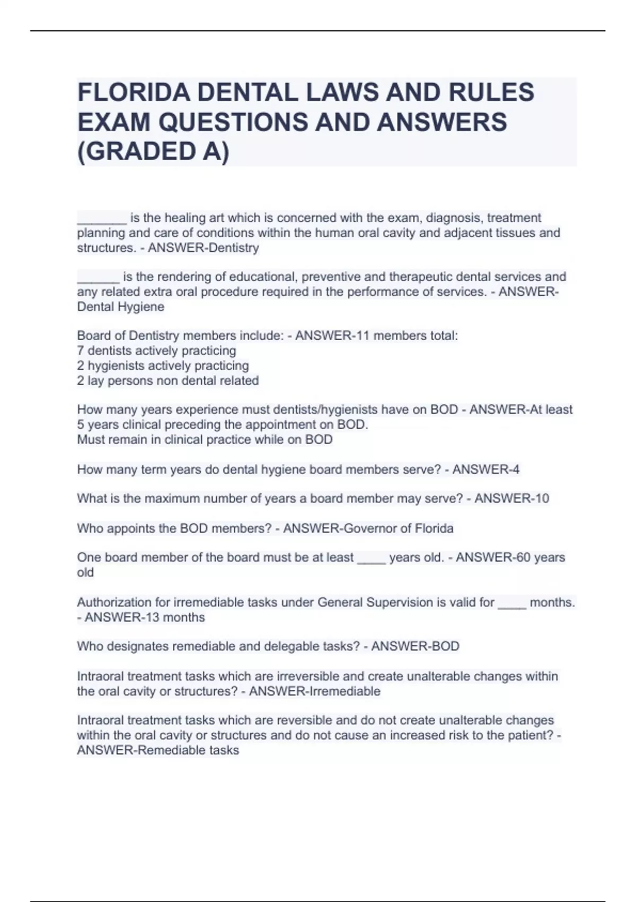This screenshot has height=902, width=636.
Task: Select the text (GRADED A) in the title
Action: pos(154,151)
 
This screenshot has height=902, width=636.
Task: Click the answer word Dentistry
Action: pos(232,248)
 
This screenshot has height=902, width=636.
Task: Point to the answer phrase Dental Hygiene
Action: pos(121,307)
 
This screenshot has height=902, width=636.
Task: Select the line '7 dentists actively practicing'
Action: pos(156,351)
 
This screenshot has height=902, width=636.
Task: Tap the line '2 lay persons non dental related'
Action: pos(167,380)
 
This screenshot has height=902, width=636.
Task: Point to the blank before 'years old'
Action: pos(372,558)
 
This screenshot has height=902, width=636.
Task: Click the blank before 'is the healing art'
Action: pos(102,218)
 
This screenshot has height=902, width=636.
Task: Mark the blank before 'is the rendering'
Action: pos(98,277)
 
